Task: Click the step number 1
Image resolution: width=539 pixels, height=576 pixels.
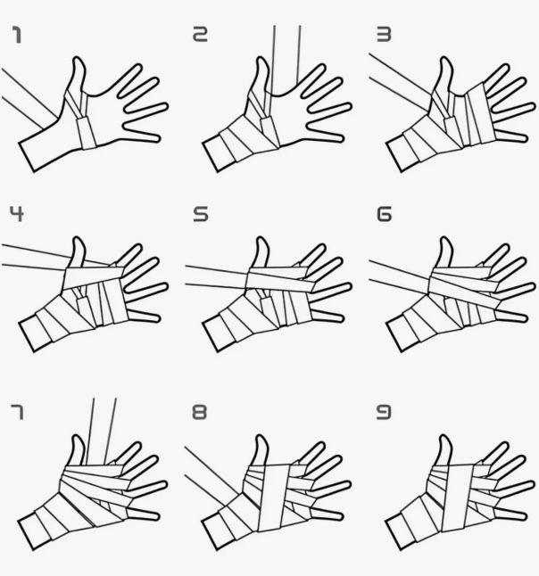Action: pyautogui.click(x=17, y=35)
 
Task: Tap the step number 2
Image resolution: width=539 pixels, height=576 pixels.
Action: pyautogui.click(x=200, y=34)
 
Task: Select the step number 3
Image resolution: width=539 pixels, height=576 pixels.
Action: pyautogui.click(x=384, y=34)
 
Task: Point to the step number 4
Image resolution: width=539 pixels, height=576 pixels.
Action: pyautogui.click(x=17, y=214)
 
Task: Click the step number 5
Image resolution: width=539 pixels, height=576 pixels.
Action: pyautogui.click(x=201, y=214)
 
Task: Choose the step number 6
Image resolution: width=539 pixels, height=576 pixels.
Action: pyautogui.click(x=385, y=214)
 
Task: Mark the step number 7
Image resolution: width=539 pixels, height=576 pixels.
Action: pyautogui.click(x=17, y=412)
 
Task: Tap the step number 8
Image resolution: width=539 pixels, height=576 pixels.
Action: pyautogui.click(x=200, y=412)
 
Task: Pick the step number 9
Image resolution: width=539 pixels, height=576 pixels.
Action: pyautogui.click(x=384, y=412)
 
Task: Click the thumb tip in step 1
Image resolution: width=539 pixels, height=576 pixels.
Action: pyautogui.click(x=78, y=59)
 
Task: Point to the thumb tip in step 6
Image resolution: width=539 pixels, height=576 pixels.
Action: pyautogui.click(x=445, y=239)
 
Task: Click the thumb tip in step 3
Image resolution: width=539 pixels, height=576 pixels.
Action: pyautogui.click(x=445, y=59)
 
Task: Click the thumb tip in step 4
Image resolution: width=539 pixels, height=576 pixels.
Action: pyautogui.click(x=78, y=239)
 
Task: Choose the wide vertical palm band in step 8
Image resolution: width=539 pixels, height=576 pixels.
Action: pyautogui.click(x=274, y=498)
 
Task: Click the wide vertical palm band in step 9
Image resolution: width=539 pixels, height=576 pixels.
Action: pyautogui.click(x=457, y=498)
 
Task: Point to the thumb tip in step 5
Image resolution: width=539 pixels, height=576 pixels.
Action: pyautogui.click(x=261, y=239)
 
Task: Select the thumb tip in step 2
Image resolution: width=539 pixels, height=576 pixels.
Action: pyautogui.click(x=261, y=59)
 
